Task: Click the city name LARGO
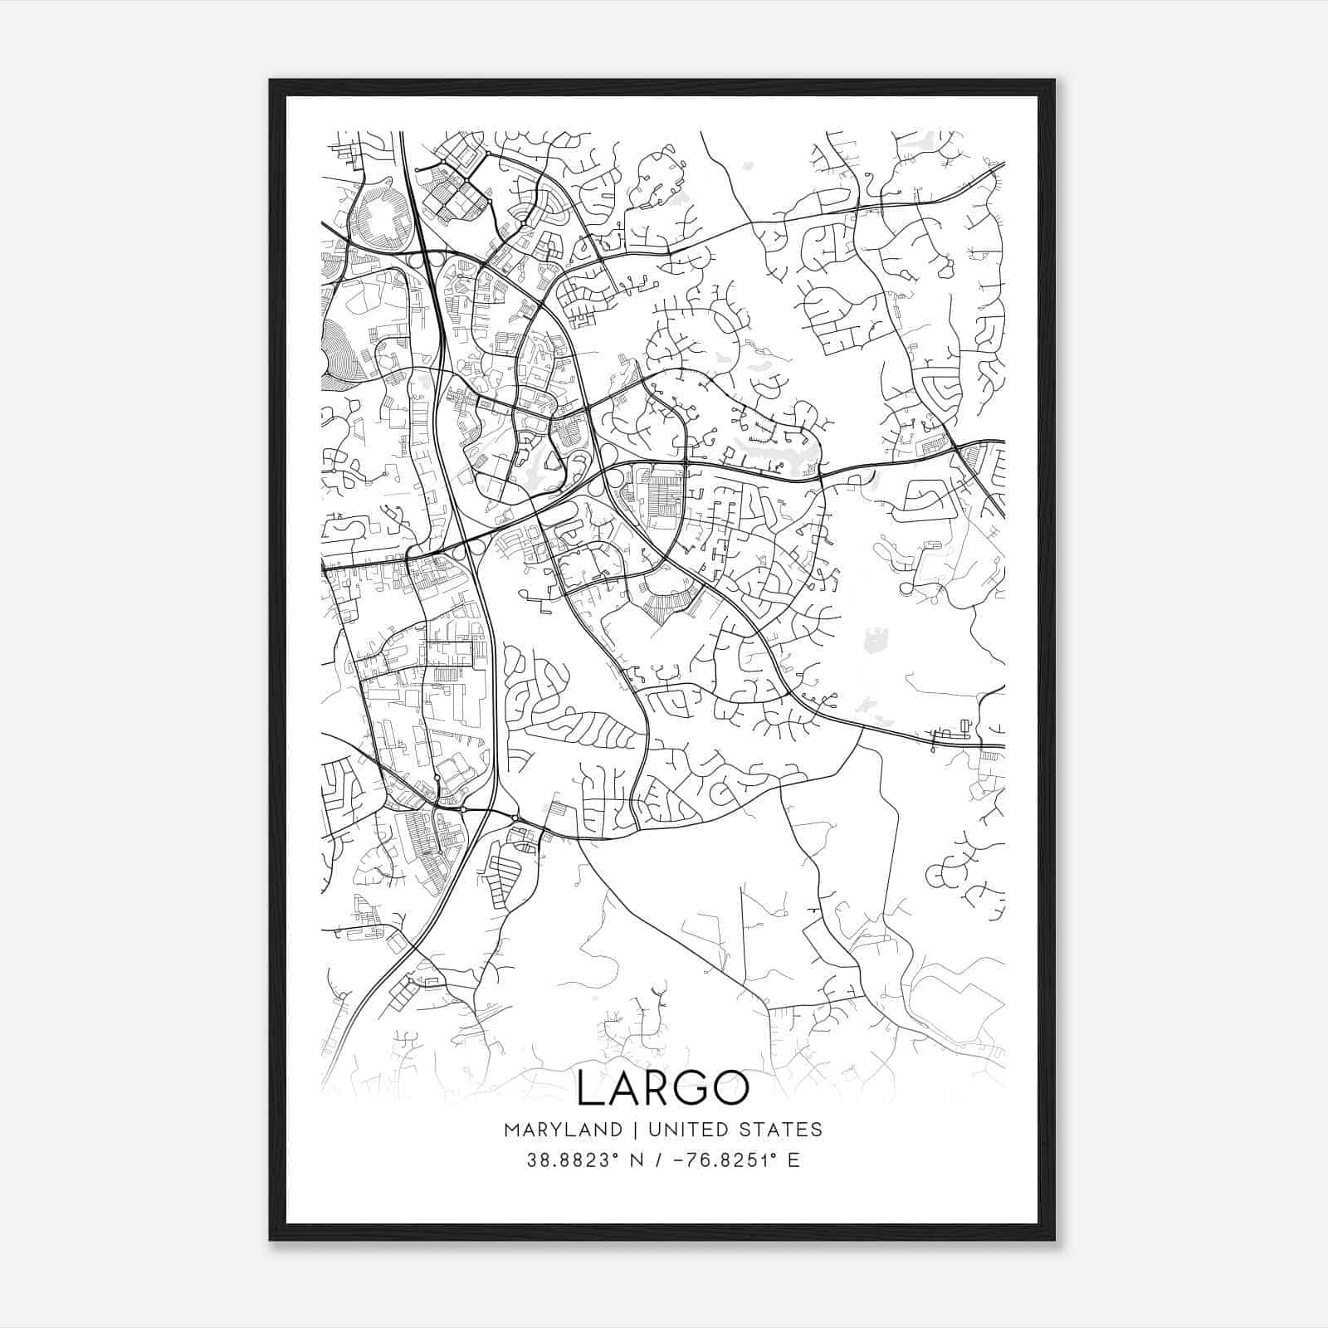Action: coord(662,1089)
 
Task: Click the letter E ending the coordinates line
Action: coord(793,1160)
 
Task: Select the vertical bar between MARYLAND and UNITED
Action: coord(634,1130)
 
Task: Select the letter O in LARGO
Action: coord(733,1089)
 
